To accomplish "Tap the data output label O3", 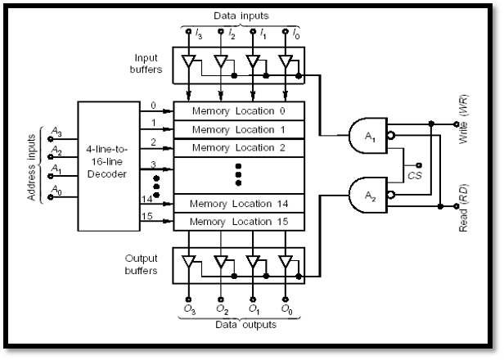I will (190, 310).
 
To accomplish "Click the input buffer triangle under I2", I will (221, 61).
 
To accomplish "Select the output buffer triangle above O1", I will (254, 263).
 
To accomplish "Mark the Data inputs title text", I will (241, 16).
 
